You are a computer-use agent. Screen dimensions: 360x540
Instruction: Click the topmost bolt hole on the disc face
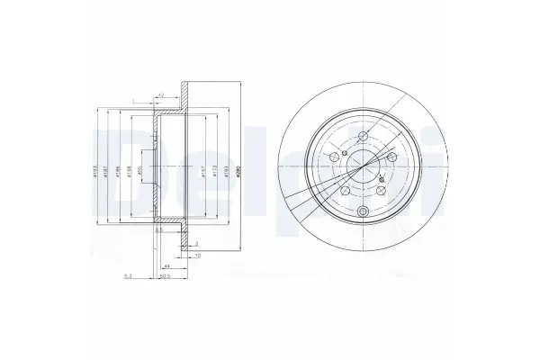click(362, 137)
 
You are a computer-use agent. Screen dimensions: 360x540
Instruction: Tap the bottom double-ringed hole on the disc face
click(363, 212)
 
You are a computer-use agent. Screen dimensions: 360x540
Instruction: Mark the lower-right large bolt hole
click(382, 190)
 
